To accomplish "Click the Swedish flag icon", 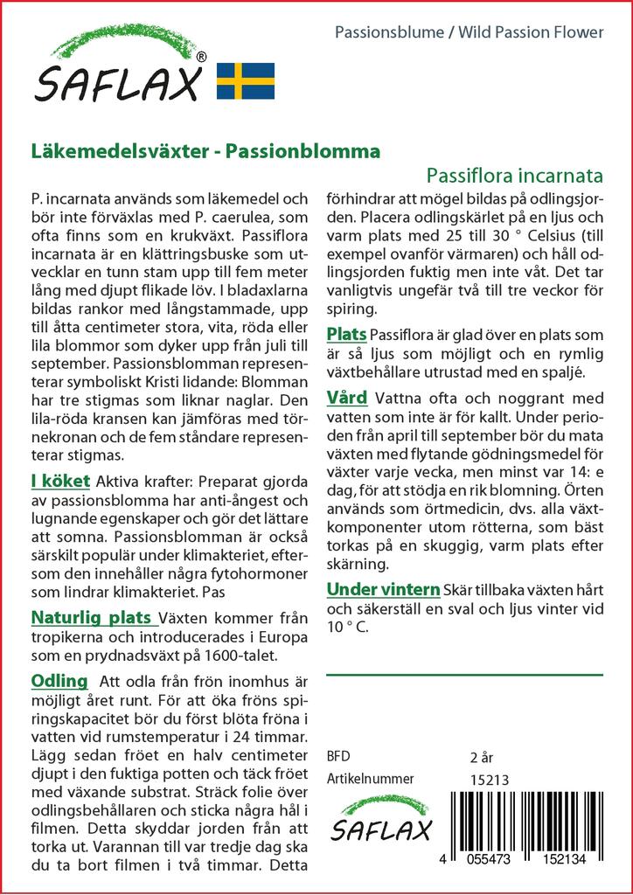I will click(245, 80).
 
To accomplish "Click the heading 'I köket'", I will click(59, 481).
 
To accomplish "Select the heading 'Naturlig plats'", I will click(94, 618).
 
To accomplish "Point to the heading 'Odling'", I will click(59, 681).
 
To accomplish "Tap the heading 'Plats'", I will click(346, 335).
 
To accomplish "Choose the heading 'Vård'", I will click(346, 399).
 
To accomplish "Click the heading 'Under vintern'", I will click(383, 587).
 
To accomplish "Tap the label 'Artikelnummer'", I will click(369, 780).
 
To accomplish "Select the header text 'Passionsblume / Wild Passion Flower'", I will click(470, 32).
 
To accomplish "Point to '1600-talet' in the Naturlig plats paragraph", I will click(242, 655).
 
